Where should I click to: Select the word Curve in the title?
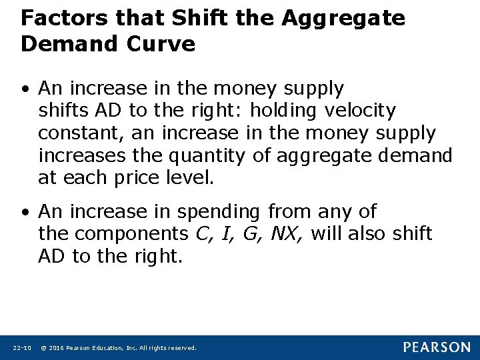[x=163, y=45]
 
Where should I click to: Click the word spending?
[x=218, y=212]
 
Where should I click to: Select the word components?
[x=131, y=234]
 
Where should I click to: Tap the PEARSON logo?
[x=436, y=347]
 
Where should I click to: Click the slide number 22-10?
[x=22, y=348]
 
